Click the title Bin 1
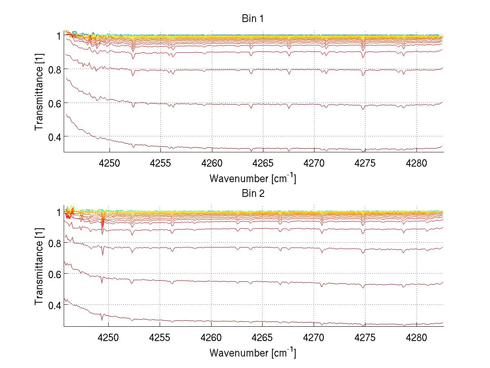coord(253,19)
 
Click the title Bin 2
coord(253,194)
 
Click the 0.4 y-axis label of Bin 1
coord(55,136)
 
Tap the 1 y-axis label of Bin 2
coord(59,212)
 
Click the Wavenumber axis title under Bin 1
coord(253,178)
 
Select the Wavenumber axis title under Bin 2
coord(253,352)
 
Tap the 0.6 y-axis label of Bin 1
coord(55,103)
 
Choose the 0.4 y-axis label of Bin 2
coord(55,305)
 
